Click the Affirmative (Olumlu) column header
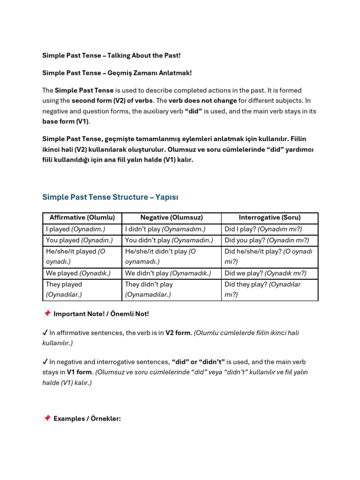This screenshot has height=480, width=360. (82, 217)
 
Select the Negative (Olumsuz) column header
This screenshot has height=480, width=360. (171, 217)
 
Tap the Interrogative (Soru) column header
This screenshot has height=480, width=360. (270, 217)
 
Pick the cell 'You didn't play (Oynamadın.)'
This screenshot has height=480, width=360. (169, 240)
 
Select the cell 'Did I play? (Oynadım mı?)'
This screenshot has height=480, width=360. (263, 229)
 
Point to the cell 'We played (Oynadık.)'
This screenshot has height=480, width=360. (78, 273)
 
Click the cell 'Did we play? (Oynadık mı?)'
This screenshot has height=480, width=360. (265, 273)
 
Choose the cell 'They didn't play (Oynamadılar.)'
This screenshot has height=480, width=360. (149, 289)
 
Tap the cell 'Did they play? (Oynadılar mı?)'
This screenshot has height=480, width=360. (262, 289)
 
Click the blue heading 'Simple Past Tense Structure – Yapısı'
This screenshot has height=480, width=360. (110, 197)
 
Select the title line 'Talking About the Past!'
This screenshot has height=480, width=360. (111, 55)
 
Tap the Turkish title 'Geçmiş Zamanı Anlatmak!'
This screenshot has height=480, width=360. (117, 73)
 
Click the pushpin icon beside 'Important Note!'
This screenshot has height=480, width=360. (46, 314)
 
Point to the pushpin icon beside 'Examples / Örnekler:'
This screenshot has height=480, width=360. (46, 418)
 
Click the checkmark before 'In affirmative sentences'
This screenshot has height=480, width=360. (45, 333)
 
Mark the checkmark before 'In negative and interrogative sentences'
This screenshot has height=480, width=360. (45, 362)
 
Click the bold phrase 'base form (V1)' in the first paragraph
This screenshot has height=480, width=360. (66, 121)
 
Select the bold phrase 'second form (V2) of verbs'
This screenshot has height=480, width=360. (112, 100)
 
